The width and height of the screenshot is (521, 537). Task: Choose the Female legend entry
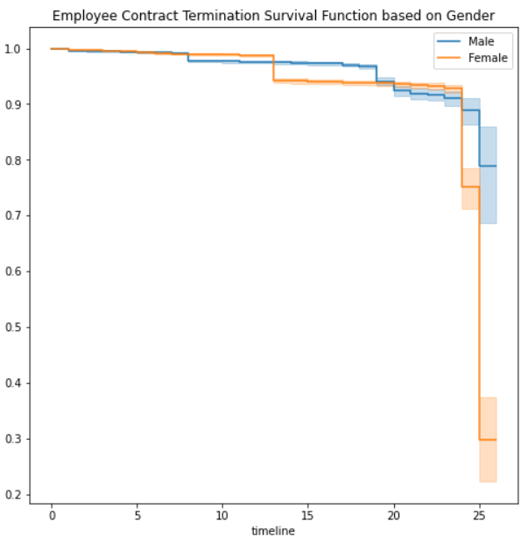click(472, 58)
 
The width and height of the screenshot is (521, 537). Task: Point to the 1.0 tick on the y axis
click(12, 49)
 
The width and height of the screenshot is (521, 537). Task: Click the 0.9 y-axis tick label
click(12, 104)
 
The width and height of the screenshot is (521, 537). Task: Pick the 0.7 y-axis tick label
click(12, 216)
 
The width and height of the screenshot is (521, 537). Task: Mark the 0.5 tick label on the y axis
click(12, 327)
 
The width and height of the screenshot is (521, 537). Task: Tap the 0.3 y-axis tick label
click(12, 439)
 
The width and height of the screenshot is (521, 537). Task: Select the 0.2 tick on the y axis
click(12, 495)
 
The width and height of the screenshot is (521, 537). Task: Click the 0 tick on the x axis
click(52, 515)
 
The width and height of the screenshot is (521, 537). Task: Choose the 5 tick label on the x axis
click(137, 515)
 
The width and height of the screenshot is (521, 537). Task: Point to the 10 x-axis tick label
click(222, 515)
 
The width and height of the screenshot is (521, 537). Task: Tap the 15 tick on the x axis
click(308, 515)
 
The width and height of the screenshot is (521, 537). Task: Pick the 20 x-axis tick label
click(394, 515)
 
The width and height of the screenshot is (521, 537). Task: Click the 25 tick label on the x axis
click(479, 515)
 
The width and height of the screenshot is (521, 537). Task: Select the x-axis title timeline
click(273, 531)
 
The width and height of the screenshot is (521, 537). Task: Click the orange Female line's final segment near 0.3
click(488, 440)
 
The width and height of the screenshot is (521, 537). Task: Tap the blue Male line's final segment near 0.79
click(488, 166)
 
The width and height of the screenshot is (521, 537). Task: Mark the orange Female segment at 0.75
click(471, 187)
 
